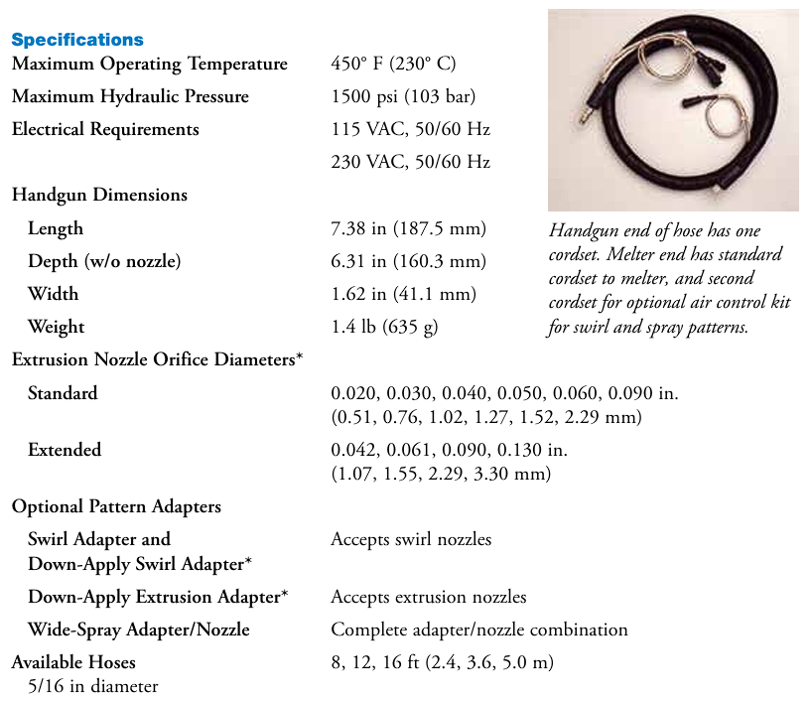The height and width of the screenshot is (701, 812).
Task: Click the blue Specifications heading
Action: [x=77, y=40]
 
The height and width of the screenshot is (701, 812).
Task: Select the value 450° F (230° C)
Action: [x=393, y=65]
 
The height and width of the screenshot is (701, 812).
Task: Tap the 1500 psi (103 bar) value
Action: [x=403, y=97]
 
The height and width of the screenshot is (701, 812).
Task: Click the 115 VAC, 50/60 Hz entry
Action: [x=410, y=130]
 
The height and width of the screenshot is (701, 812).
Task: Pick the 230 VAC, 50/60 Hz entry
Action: [x=410, y=162]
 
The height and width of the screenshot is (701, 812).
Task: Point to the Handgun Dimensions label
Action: [x=99, y=196]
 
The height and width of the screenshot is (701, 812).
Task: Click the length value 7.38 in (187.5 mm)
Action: [x=408, y=229]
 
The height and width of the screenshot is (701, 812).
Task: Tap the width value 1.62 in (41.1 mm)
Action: [x=403, y=295]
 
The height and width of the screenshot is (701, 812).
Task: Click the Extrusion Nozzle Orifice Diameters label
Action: [x=157, y=360]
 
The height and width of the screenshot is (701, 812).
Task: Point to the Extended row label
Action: [x=65, y=451]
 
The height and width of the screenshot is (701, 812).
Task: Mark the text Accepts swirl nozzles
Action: [x=411, y=540]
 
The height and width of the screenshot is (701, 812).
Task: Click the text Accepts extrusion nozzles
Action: [x=428, y=597]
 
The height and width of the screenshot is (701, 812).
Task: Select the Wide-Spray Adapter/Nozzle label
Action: [x=139, y=630]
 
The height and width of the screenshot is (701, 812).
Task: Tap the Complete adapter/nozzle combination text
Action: [x=478, y=630]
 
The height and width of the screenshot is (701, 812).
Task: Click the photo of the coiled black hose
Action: [x=673, y=110]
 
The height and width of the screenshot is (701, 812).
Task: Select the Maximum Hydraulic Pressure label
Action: [x=130, y=97]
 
